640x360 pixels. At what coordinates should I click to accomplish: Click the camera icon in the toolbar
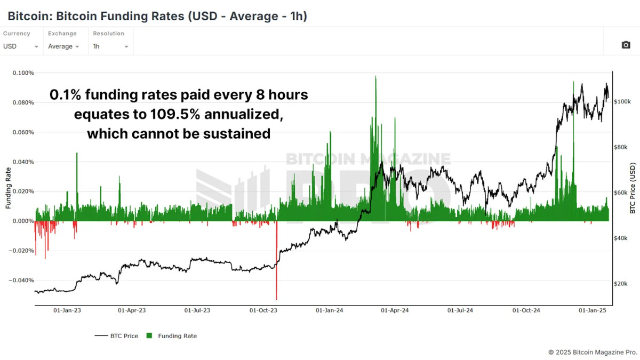626,45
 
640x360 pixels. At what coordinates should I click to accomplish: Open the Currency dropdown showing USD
21,46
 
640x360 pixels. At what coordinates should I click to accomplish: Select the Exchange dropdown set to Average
63,46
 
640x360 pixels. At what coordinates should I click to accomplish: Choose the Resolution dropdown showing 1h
111,46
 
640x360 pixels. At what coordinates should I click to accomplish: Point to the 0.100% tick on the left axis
23,73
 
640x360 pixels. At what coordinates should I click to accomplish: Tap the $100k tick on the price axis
622,101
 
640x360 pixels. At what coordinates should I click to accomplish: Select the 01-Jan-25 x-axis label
591,310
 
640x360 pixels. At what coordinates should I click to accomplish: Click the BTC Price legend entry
116,336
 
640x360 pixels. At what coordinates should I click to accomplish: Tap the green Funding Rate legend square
149,336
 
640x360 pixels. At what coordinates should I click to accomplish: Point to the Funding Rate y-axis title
9,188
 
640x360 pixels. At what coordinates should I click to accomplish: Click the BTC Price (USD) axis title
633,188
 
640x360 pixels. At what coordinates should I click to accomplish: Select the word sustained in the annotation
236,133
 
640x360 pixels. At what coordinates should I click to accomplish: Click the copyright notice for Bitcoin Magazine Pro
593,353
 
